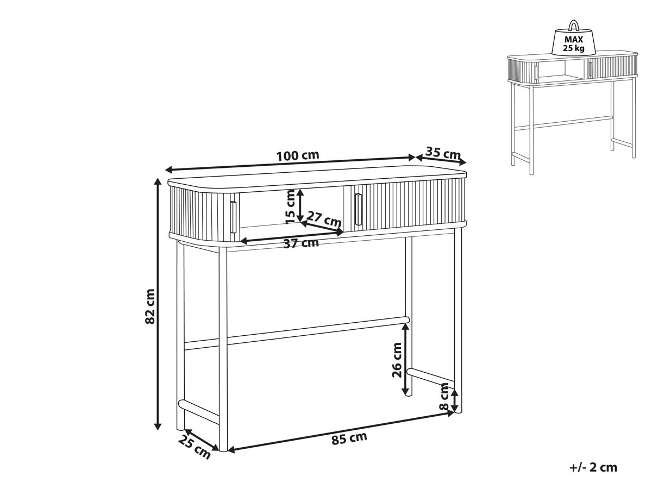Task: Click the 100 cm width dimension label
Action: pyautogui.click(x=298, y=155)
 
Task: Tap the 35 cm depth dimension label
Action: pyautogui.click(x=443, y=153)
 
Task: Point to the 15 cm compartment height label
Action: pyautogui.click(x=290, y=206)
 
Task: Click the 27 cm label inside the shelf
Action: pyautogui.click(x=324, y=218)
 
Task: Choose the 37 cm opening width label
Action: pyautogui.click(x=301, y=243)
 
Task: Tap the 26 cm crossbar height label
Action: pyautogui.click(x=397, y=360)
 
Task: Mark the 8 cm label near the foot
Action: pyautogui.click(x=444, y=396)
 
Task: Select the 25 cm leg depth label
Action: pyautogui.click(x=195, y=447)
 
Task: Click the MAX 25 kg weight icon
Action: pyautogui.click(x=574, y=42)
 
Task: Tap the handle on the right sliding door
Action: pyautogui.click(x=359, y=209)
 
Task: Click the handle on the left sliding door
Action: pyautogui.click(x=234, y=217)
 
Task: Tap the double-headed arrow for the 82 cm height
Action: pyautogui.click(x=158, y=304)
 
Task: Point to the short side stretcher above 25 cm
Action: pyautogui.click(x=199, y=411)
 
